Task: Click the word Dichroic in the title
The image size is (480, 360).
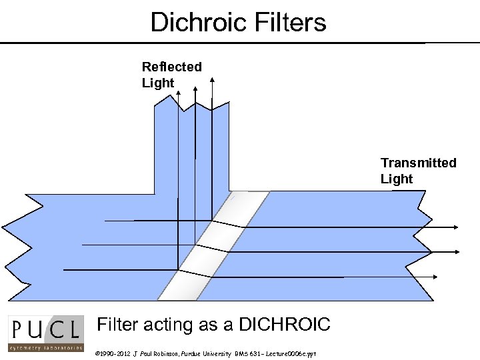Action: (x=192, y=22)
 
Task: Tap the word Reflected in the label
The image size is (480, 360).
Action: (x=171, y=67)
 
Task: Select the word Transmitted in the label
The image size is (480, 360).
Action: (x=418, y=163)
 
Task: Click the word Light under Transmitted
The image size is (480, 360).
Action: (x=397, y=179)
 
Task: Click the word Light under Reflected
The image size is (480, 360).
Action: (x=158, y=83)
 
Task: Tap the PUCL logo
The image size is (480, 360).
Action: (x=46, y=333)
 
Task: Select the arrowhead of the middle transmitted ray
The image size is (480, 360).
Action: (x=457, y=251)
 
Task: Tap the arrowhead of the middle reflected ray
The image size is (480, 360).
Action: (x=195, y=87)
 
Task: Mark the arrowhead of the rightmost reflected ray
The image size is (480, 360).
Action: (x=212, y=79)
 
